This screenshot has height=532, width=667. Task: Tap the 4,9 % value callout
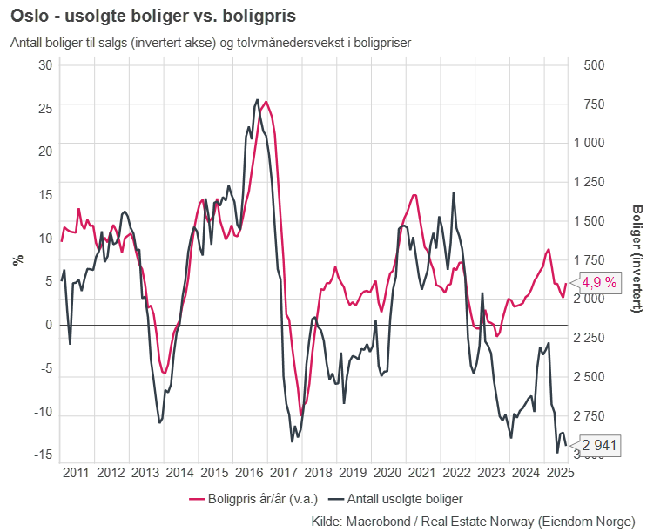[599, 282]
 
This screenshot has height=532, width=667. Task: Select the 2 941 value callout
[599, 445]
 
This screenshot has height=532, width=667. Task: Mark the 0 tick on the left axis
[49, 325]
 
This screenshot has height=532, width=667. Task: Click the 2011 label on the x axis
[77, 473]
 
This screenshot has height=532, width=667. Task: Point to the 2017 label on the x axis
[283, 473]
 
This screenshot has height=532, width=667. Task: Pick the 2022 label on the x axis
[455, 473]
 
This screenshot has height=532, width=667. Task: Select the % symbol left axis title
[16, 259]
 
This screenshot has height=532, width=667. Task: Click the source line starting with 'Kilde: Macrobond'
[473, 521]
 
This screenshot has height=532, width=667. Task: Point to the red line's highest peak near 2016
[266, 102]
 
